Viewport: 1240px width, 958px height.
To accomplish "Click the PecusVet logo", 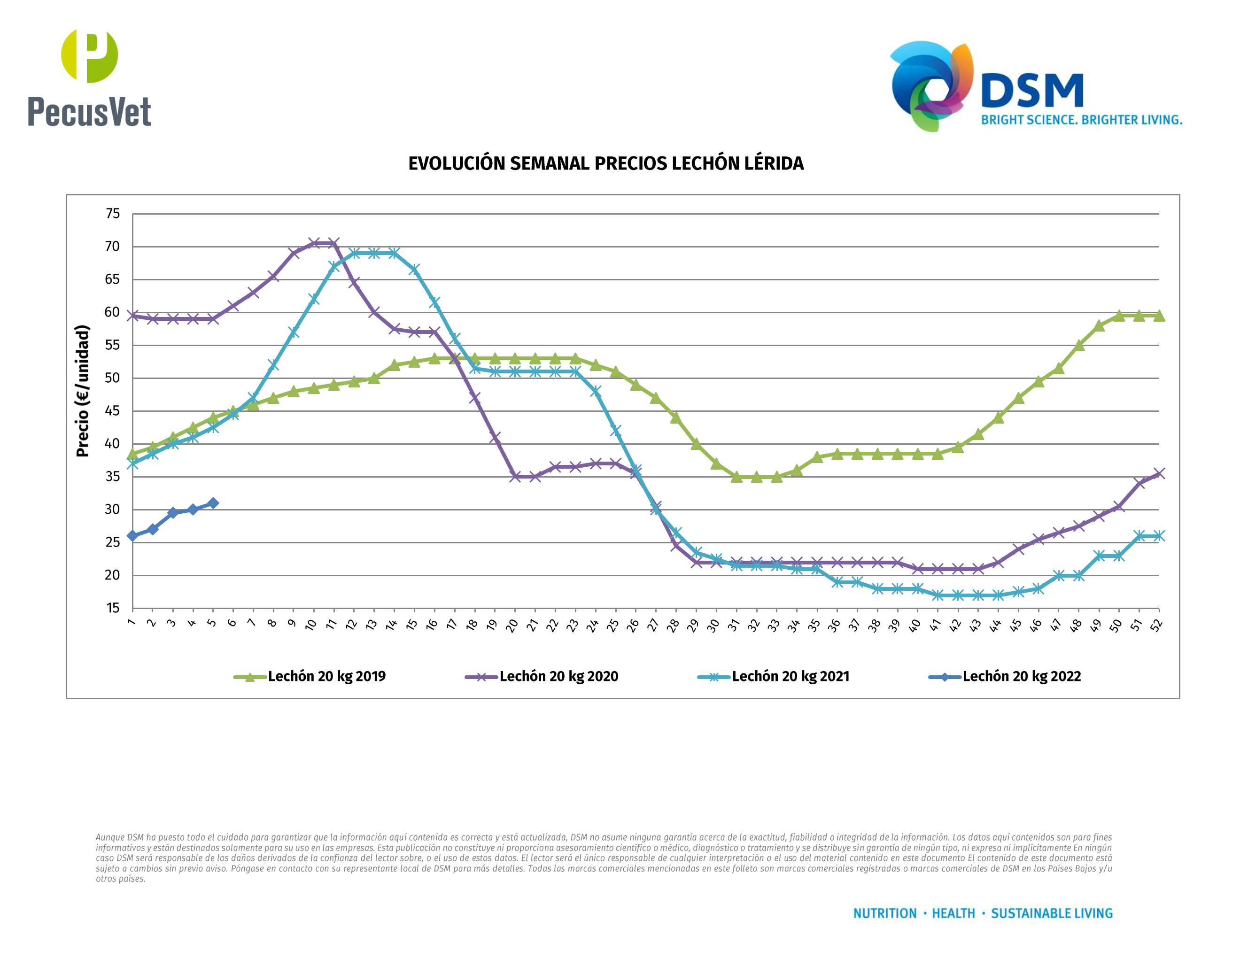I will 89,78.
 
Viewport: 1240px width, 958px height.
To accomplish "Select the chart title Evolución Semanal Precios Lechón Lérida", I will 606,163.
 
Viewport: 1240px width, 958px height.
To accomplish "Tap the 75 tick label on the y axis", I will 113,214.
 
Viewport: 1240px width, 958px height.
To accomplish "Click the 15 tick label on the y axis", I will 113,608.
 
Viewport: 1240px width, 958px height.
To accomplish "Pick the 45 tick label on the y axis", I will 113,411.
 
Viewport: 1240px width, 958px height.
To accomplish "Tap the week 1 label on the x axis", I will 131,623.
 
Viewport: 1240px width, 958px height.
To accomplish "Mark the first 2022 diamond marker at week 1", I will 133,536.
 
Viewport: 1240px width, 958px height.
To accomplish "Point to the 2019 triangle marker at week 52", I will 1159,316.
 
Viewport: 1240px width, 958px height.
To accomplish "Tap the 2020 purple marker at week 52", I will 1159,474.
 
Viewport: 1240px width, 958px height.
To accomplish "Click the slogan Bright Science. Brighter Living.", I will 1082,120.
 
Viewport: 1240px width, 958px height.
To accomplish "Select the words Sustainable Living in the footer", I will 1052,913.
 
